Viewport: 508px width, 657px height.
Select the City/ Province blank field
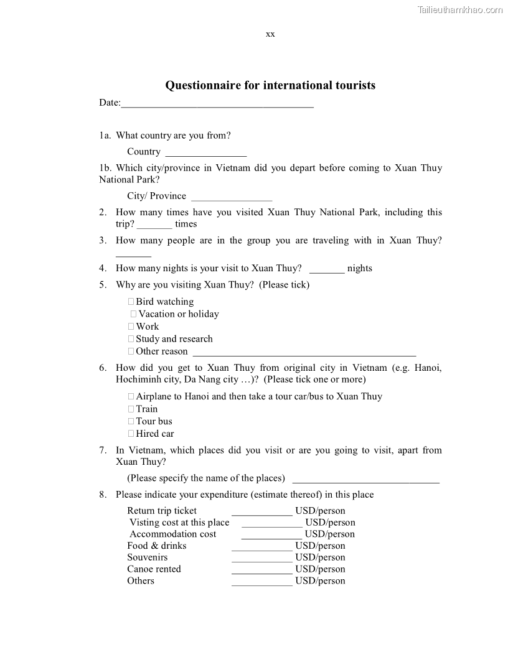pos(232,197)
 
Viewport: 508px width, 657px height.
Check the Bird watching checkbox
pos(131,302)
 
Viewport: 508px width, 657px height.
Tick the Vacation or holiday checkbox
pos(134,314)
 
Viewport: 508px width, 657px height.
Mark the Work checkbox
pos(131,327)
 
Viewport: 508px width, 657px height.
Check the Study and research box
pos(131,339)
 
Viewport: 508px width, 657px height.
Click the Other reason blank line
pos(304,353)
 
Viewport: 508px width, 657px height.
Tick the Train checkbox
pos(131,409)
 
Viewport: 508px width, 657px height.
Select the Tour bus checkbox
pos(131,422)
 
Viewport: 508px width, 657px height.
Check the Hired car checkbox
pos(131,434)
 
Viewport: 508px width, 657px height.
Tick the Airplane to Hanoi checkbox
pos(131,397)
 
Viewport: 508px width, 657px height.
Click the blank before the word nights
pos(327,270)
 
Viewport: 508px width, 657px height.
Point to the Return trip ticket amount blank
pos(261,513)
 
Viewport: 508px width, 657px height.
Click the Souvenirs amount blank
pos(261,559)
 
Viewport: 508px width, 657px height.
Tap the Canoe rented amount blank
pos(261,571)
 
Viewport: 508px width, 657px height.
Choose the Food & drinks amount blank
pos(261,547)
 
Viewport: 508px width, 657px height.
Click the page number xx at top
pos(270,34)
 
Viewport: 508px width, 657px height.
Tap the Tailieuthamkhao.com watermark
pos(460,9)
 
